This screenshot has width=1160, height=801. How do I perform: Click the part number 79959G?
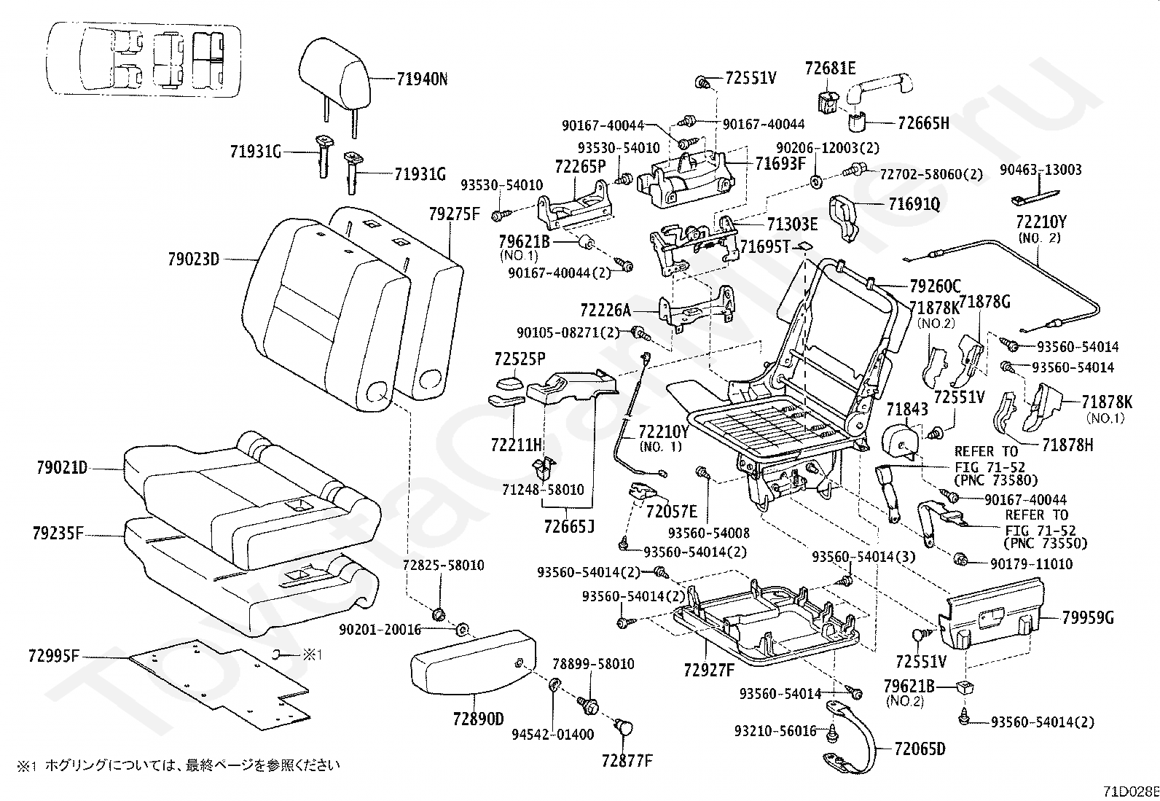point(1088,619)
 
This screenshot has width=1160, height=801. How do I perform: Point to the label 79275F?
point(455,213)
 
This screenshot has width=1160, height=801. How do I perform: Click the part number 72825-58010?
point(443,566)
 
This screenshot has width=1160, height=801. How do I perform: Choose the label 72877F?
point(627,761)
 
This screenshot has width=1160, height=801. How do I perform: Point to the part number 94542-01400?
point(552,735)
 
